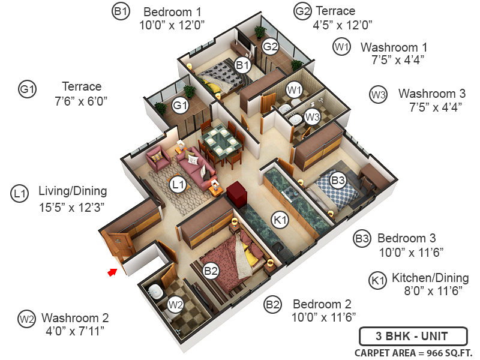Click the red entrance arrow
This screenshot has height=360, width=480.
[112, 273]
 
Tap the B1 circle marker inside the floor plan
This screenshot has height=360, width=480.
[242, 65]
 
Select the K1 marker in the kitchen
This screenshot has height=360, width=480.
[280, 220]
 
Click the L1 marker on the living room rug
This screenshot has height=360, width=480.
[177, 185]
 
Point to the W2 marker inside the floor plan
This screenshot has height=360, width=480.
[175, 305]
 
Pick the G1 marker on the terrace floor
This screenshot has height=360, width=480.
[180, 106]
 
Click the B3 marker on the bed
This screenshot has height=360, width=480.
[338, 179]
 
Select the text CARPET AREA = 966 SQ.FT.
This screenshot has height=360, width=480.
[413, 352]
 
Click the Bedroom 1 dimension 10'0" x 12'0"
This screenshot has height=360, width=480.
[172, 25]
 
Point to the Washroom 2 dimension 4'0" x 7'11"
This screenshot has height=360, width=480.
[75, 331]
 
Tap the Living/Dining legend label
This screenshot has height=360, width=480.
[73, 191]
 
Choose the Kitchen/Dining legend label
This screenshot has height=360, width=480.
[430, 278]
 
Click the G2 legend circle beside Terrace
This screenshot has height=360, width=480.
[302, 11]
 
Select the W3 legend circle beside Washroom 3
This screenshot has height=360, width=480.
[378, 94]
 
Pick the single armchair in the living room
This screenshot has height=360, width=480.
[159, 158]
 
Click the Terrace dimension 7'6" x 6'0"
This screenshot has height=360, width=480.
[81, 100]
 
